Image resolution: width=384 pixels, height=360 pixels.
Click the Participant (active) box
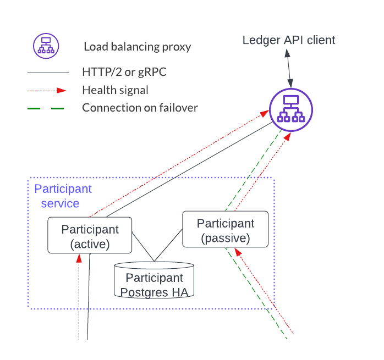point(90,235)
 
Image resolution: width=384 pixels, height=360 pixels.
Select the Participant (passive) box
point(226,230)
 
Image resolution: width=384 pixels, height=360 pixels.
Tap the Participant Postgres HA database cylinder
point(154,280)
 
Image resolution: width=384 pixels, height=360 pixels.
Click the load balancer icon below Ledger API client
point(291,109)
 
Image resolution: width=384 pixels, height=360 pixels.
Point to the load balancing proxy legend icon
point(44,45)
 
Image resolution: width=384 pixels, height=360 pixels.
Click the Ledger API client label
point(289,40)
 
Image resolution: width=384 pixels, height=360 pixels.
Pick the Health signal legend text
point(115,90)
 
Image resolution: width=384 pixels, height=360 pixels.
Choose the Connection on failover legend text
point(140,107)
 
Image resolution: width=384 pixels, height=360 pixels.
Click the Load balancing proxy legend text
point(138,46)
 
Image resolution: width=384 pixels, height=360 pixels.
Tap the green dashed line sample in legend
point(46,108)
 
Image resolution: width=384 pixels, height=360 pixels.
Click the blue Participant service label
point(63,196)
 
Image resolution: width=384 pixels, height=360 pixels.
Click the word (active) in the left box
point(90,243)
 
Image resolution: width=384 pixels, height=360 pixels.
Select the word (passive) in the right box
point(226,239)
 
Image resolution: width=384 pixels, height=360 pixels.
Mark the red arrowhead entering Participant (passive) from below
point(237,251)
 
